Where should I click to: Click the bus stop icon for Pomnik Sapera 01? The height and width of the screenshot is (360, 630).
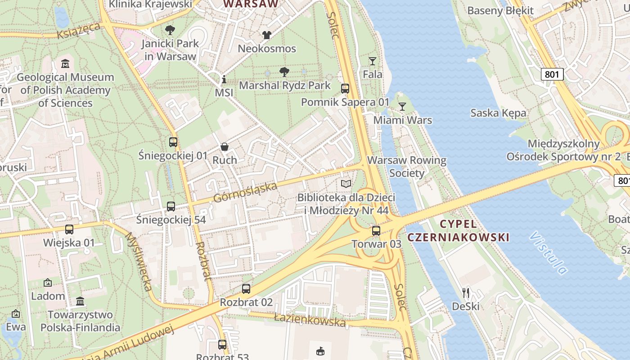tap(345, 89)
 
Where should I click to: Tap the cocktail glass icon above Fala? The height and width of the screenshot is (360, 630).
tap(373, 61)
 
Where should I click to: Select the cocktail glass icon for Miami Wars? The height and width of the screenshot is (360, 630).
tap(402, 107)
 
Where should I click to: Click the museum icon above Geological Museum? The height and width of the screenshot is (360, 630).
tap(65, 63)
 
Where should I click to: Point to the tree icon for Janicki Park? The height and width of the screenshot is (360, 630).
tap(170, 30)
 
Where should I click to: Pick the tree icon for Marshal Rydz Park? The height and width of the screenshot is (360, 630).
tap(284, 72)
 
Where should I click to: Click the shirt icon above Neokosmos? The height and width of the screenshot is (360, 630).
tap(267, 35)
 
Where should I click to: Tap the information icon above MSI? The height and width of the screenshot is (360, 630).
tap(224, 80)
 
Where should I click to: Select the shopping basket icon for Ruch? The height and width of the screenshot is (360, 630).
tap(224, 147)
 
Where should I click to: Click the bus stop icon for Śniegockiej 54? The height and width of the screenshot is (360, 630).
tap(171, 207)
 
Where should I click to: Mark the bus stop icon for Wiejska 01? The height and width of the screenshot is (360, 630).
tap(69, 229)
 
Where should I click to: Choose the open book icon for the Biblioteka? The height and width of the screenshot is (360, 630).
tap(346, 184)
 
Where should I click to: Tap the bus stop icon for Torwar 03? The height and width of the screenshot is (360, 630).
tap(376, 231)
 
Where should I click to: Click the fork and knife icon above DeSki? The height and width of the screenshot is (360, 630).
tap(466, 293)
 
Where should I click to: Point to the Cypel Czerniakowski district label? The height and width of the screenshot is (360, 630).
tap(458, 230)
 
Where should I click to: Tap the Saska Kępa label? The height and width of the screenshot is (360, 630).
tap(498, 112)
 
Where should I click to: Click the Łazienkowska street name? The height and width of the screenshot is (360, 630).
tap(310, 320)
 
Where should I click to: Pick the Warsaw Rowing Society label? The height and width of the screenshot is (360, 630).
tap(407, 166)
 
